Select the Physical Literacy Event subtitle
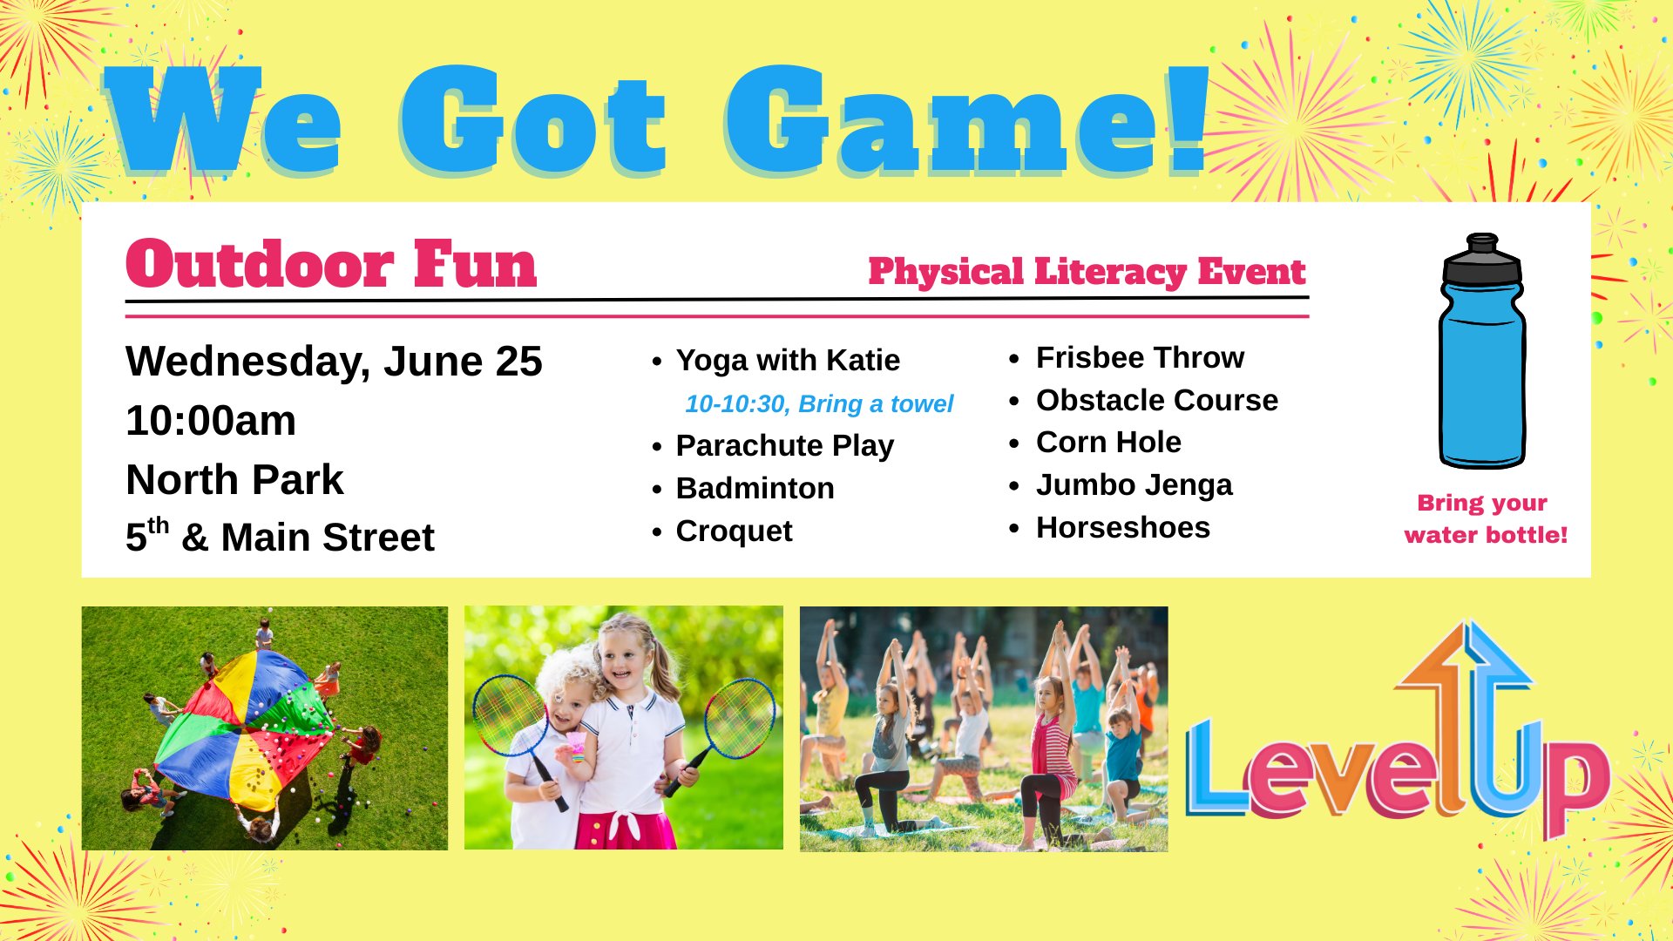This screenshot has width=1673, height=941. (1087, 272)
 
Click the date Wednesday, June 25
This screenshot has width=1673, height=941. (334, 362)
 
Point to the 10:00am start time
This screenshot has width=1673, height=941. (211, 421)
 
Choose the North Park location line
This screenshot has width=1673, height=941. (234, 479)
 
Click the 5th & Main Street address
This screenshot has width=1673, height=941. (280, 535)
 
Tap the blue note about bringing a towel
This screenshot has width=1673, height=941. (819, 404)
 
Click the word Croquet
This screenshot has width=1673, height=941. (734, 531)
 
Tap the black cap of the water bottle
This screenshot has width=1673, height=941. (1482, 259)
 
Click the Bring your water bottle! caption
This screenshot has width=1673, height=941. (1485, 518)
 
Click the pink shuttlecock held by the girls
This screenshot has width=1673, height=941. (576, 744)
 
